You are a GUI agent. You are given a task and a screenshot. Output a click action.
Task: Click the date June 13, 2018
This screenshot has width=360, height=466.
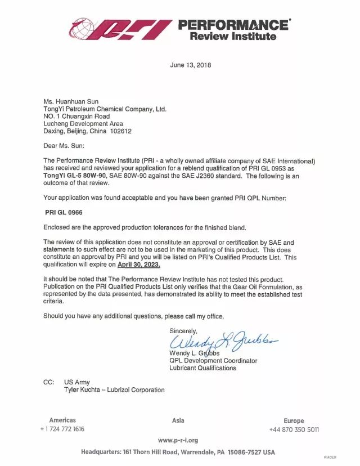click(191, 65)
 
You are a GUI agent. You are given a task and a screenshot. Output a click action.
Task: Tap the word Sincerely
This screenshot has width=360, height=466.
click(183, 331)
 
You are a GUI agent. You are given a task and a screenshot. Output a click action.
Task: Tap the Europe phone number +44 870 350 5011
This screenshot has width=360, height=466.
click(294, 429)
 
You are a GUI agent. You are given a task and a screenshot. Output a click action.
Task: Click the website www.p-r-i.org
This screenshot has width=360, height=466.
click(178, 440)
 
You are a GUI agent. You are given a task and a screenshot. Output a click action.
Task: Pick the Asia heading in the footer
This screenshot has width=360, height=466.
click(178, 420)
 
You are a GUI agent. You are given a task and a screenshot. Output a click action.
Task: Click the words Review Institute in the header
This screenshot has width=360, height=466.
click(233, 37)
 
